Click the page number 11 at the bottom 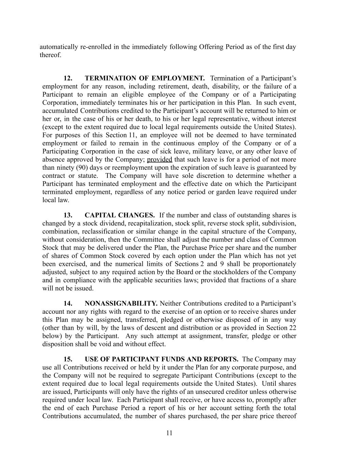point(169,433)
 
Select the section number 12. point(68,78)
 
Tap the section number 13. point(68,215)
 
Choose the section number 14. point(68,303)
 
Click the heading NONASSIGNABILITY point(121,303)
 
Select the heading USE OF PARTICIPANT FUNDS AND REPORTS point(161,359)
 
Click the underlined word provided point(159,159)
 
